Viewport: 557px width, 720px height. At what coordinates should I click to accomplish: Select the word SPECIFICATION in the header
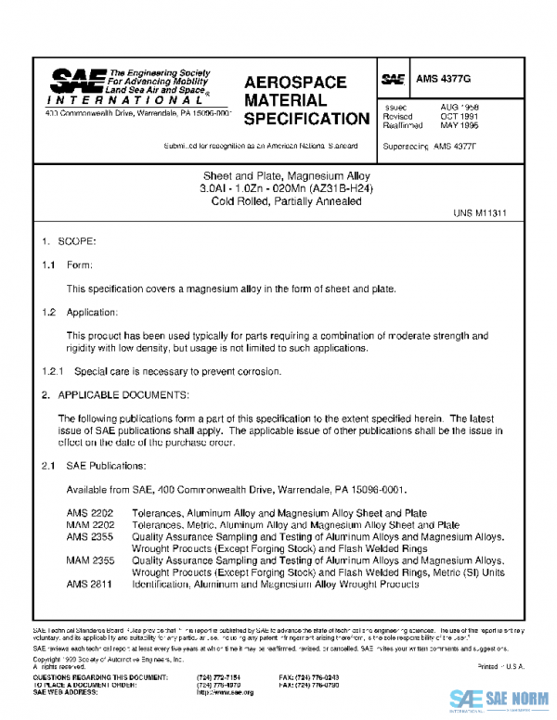(306, 119)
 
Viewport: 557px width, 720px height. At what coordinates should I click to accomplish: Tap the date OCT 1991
(460, 116)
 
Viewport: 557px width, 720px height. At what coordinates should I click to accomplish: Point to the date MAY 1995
(460, 125)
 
